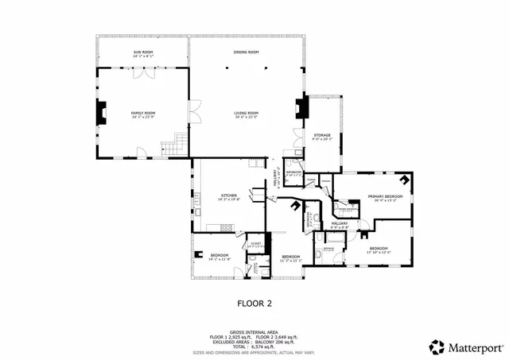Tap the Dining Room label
tap(246, 52)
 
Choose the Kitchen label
tap(229, 196)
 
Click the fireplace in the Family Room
tap(100, 113)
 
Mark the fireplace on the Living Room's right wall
tap(300, 108)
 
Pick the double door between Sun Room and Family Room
tap(143, 68)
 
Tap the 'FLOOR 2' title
tap(254, 303)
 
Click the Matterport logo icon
tap(437, 346)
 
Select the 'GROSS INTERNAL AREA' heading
tap(254, 332)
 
